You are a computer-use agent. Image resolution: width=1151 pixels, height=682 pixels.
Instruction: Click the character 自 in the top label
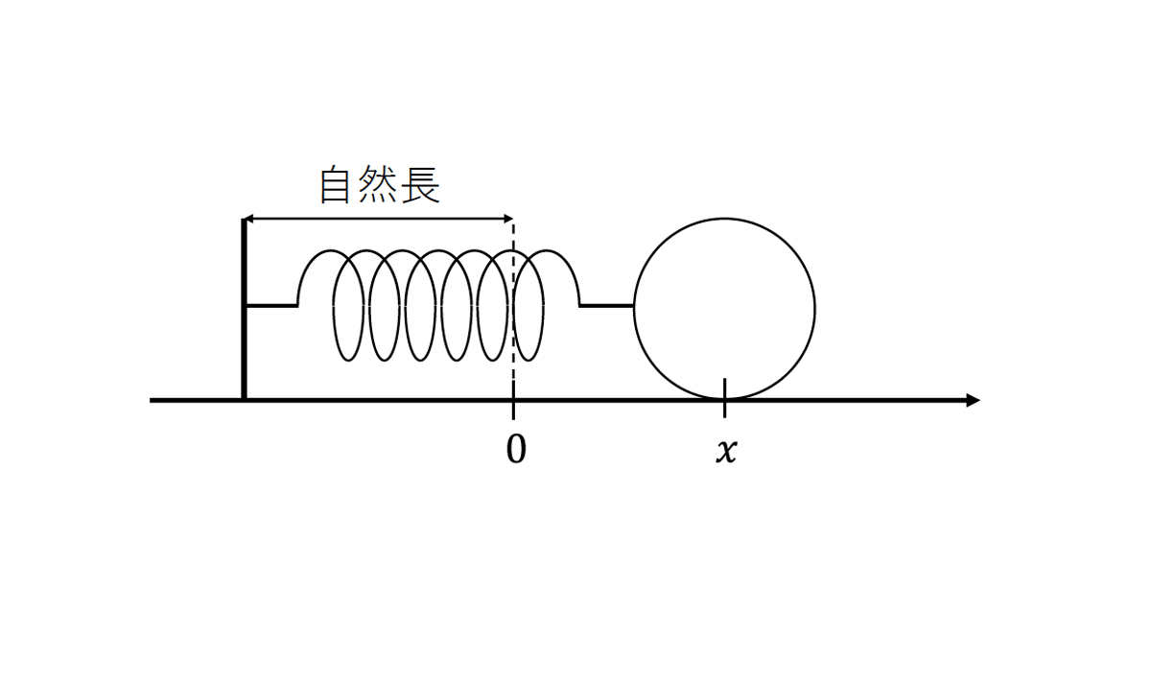335,186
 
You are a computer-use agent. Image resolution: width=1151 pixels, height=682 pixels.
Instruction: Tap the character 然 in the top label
379,186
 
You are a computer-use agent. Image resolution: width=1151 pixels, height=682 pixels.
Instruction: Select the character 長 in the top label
422,186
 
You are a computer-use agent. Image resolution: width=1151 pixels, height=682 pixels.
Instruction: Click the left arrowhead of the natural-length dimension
248,220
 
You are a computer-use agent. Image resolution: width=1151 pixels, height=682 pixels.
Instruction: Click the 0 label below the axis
516,450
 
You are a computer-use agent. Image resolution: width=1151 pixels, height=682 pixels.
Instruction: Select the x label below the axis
726,451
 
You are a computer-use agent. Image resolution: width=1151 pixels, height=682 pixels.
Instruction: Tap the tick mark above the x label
724,397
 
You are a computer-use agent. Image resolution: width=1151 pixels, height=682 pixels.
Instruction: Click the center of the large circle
724,309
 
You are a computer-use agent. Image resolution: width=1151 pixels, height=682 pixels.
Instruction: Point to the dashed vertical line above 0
513,288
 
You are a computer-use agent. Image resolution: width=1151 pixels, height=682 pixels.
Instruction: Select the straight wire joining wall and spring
270,306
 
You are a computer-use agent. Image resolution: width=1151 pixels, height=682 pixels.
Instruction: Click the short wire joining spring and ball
606,306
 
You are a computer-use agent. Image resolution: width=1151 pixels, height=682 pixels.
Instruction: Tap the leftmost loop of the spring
350,307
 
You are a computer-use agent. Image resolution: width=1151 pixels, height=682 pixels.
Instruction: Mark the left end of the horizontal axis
153,400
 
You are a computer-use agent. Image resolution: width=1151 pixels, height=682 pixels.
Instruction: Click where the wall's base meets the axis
244,399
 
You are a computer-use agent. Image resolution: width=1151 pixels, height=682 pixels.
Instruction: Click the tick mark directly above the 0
513,410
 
